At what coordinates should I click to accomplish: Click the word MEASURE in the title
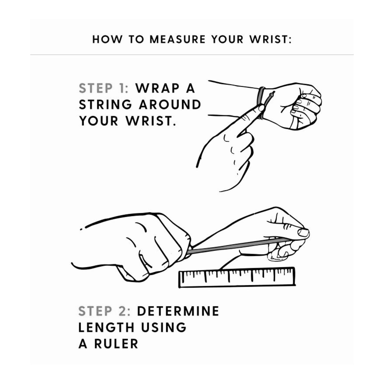coord(177,39)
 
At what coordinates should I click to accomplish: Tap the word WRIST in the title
coord(271,39)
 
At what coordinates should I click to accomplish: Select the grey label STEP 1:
coord(104,88)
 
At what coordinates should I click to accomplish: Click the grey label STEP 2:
coord(104,311)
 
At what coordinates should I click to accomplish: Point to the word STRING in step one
coord(106,104)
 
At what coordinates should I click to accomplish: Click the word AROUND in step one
coord(170,104)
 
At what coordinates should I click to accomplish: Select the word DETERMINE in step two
coord(178,311)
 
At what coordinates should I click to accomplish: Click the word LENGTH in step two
coord(106,327)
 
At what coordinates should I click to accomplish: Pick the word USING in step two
coord(163,327)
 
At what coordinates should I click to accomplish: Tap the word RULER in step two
coord(116,344)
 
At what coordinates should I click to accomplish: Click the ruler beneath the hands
coord(237,277)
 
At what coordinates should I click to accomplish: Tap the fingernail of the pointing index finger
coord(261,108)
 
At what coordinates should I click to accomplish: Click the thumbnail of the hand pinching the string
coord(303,232)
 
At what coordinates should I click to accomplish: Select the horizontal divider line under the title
coord(192,54)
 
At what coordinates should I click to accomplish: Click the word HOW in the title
coord(107,39)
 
